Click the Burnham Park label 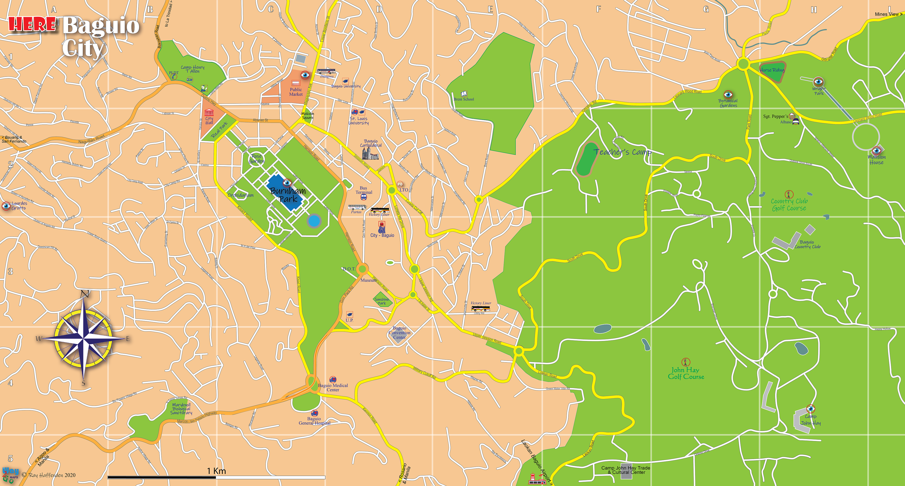pyautogui.click(x=288, y=195)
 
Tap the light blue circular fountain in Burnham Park pyautogui.click(x=313, y=221)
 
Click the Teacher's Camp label pyautogui.click(x=622, y=152)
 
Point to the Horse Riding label pyautogui.click(x=772, y=70)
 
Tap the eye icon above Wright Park pyautogui.click(x=819, y=82)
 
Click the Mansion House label pyautogui.click(x=876, y=160)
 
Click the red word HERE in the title pyautogui.click(x=32, y=25)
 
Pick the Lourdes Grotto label pyautogui.click(x=19, y=206)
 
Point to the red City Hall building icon pyautogui.click(x=209, y=113)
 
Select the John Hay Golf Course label pyautogui.click(x=686, y=373)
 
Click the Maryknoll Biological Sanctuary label pyautogui.click(x=181, y=409)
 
